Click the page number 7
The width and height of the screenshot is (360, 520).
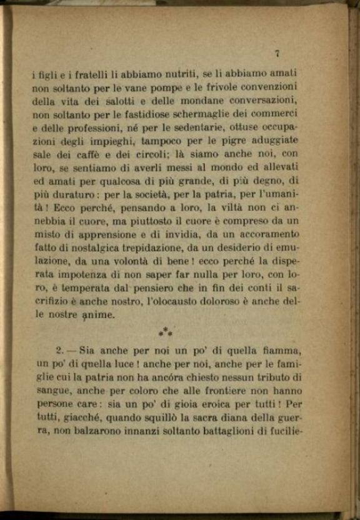(276, 54)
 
